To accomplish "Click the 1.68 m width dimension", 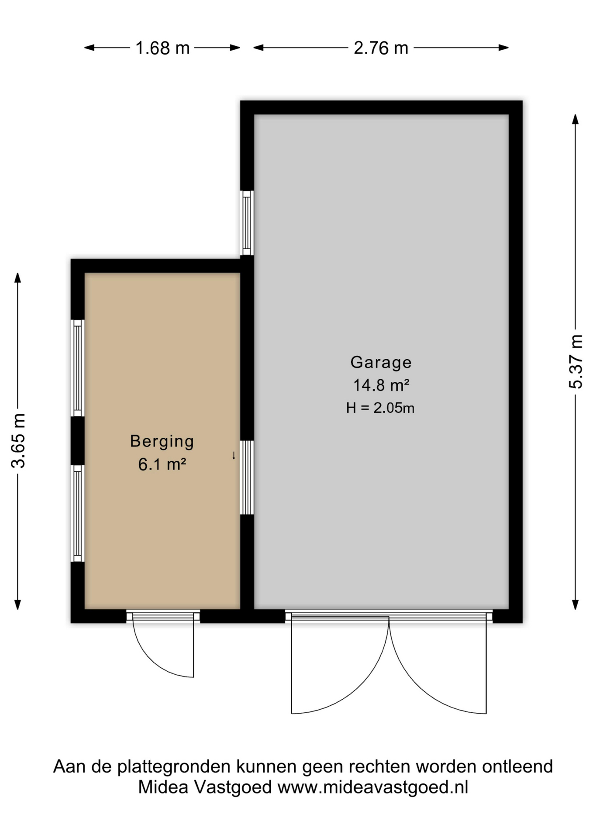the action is (x=162, y=48).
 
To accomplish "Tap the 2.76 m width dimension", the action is (x=381, y=48).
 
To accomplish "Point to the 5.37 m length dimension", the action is (x=576, y=361).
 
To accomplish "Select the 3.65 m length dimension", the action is (x=18, y=441).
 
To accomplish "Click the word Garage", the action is (x=381, y=363).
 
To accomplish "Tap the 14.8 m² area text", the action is (x=381, y=385).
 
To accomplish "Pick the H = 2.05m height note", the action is (x=380, y=408).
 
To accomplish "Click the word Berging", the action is (x=162, y=442).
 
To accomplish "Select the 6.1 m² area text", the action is (x=162, y=464).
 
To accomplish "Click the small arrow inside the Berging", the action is (x=234, y=456).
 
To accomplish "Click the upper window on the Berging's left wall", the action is (x=78, y=368).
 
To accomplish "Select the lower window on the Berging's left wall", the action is (x=78, y=513).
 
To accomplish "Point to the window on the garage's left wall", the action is (x=247, y=223).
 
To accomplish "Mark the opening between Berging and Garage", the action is (x=247, y=477).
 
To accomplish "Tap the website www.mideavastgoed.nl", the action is (x=373, y=787).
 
